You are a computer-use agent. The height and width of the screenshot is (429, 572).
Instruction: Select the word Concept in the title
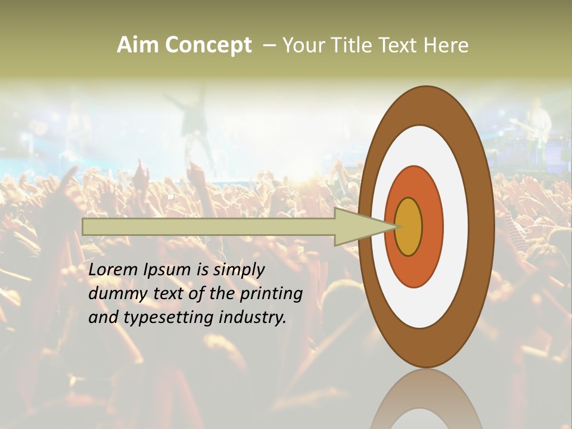(208, 45)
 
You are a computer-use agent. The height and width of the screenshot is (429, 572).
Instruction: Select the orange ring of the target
(431, 226)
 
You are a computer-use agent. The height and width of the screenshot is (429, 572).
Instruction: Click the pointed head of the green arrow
(363, 226)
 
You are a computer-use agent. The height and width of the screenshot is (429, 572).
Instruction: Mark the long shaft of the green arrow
(209, 226)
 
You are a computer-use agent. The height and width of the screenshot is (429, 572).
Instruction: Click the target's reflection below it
(426, 402)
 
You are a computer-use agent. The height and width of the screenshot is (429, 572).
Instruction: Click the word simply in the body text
(238, 270)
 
